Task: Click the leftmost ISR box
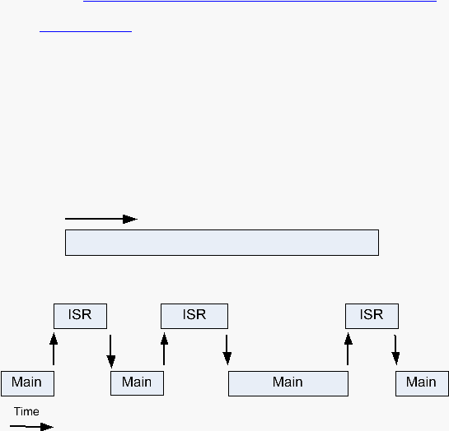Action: point(80,316)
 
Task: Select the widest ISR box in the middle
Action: point(194,316)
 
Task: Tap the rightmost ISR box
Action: point(372,316)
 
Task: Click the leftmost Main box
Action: point(27,383)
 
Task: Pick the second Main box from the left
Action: point(137,383)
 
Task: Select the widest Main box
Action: point(288,383)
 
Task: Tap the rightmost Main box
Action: point(422,383)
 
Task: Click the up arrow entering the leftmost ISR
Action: point(54,349)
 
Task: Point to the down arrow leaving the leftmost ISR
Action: point(111,351)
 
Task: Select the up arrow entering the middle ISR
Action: point(164,349)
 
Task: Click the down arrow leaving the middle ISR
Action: point(227,350)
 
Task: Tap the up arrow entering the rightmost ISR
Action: point(348,349)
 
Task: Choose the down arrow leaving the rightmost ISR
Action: point(395,350)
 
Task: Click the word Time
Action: point(26,411)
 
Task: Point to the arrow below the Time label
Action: point(31,426)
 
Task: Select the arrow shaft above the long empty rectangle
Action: point(94,219)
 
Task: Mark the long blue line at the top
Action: point(260,1)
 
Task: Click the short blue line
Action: point(86,31)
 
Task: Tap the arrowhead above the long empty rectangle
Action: point(130,219)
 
